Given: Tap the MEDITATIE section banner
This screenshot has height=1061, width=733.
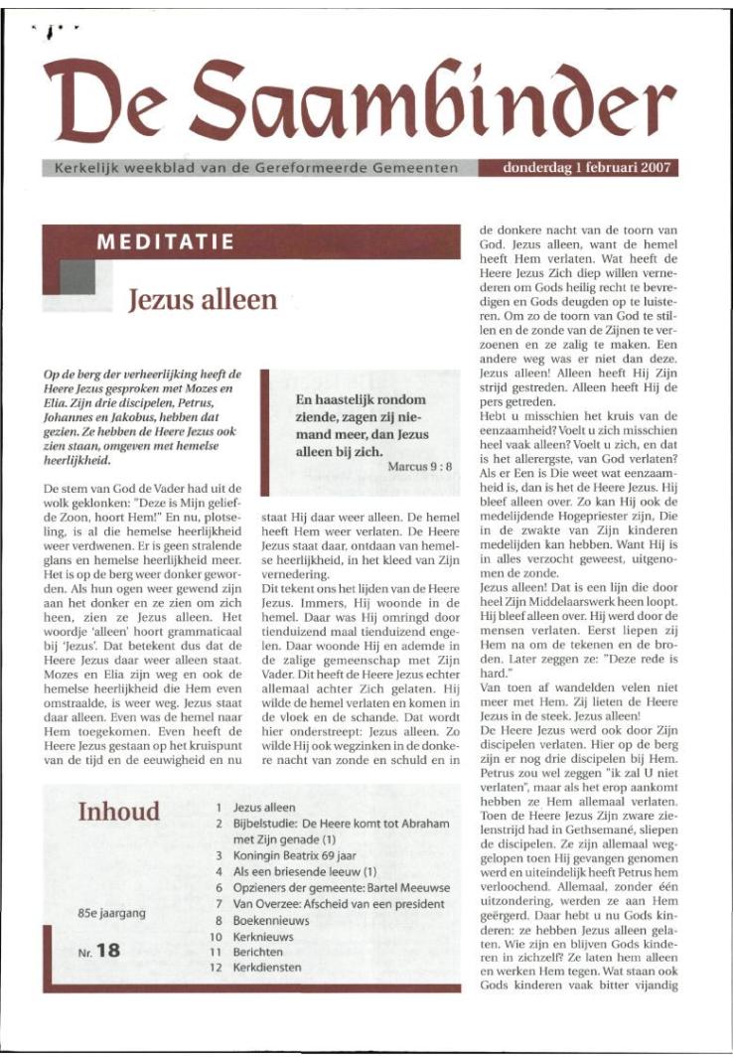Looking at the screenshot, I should [x=165, y=242].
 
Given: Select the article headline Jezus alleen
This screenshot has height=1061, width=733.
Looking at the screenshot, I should [x=203, y=299].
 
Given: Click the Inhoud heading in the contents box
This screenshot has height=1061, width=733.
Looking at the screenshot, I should [x=118, y=812].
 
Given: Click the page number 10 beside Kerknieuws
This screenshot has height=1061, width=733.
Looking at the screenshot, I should [x=213, y=936].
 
